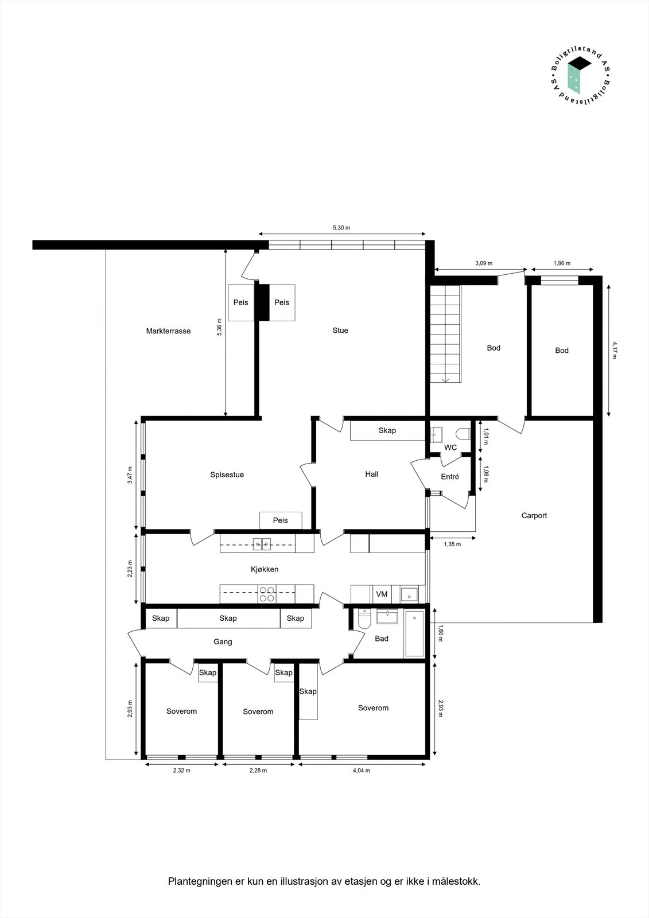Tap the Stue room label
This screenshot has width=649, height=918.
tap(340, 330)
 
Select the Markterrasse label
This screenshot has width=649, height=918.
tap(168, 331)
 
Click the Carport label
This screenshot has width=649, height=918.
tap(534, 515)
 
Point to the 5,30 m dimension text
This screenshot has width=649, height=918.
tap(341, 228)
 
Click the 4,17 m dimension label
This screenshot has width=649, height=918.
tap(615, 350)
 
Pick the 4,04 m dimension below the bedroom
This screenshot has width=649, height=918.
tap(361, 771)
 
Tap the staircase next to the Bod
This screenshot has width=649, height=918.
tap(445, 334)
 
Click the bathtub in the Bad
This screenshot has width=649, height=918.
tap(414, 634)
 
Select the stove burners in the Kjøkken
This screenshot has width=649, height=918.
tap(266, 594)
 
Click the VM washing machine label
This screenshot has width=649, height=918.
tap(382, 594)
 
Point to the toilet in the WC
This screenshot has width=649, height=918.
tap(463, 434)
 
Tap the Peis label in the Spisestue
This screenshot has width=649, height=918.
tap(280, 520)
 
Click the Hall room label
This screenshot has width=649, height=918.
tap(372, 474)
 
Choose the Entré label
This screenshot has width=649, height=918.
tap(450, 477)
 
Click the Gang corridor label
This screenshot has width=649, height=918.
tap(223, 641)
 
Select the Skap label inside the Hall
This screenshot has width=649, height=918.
tap(387, 430)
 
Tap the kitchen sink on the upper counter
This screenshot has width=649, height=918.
tap(262, 543)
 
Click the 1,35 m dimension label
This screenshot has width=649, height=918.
tap(452, 544)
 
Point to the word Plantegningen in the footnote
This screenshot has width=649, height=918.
tap(200, 881)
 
